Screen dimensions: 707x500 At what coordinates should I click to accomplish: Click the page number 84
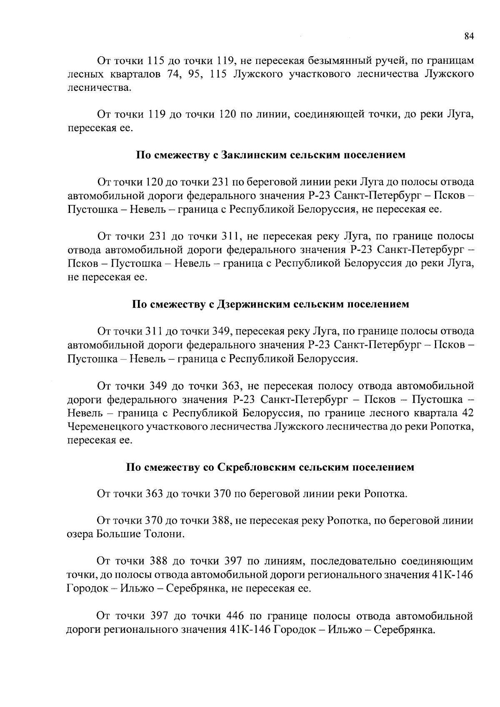[469, 36]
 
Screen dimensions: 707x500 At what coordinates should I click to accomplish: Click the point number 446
[235, 616]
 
